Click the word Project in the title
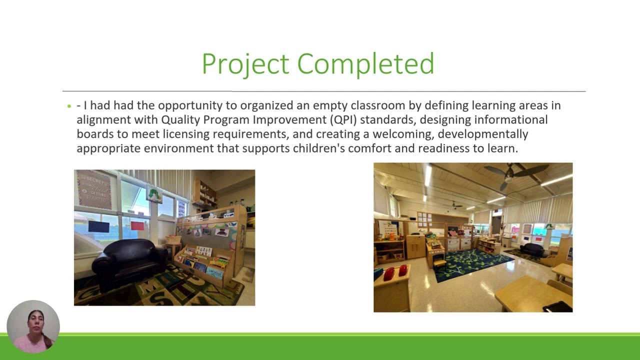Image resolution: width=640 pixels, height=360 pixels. coord(245,64)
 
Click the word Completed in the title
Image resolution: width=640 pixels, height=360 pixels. coord(365,64)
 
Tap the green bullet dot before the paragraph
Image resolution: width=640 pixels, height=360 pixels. coord(69,106)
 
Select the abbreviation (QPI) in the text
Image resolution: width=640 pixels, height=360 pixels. coord(343,120)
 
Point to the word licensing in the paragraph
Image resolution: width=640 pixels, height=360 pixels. coord(186,134)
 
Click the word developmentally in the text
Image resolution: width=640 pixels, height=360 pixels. coord(483,134)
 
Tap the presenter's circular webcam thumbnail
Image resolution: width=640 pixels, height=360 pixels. coord(33,326)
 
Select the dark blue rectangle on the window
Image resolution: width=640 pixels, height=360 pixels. coord(98,226)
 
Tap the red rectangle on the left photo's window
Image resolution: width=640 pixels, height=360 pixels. coord(137,225)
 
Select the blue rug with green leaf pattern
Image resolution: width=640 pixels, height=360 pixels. coord(473,264)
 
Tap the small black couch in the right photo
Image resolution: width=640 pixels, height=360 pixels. coord(532,249)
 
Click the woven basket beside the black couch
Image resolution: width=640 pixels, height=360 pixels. coord(173,239)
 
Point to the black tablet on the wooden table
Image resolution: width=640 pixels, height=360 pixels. coord(557,307)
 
